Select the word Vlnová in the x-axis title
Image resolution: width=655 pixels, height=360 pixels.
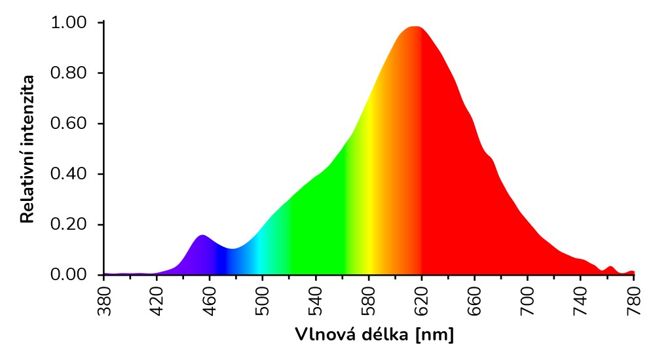tap(319, 335)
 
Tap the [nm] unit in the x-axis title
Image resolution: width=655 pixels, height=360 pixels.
tap(434, 335)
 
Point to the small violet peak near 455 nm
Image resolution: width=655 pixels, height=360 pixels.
tap(202, 235)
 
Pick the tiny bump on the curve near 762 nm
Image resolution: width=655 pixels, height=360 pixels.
tap(610, 267)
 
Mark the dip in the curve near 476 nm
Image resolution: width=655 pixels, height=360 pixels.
tap(231, 249)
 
